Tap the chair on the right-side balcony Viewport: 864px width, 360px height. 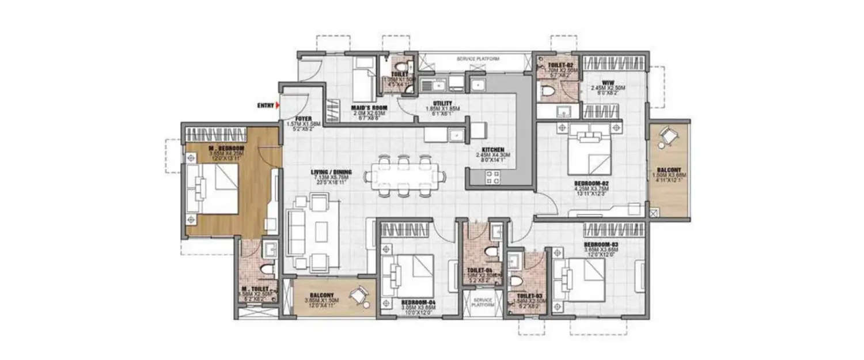(x=668, y=136)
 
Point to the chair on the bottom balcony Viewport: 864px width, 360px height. (x=362, y=295)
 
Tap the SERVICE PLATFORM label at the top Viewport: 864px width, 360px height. (x=478, y=59)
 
